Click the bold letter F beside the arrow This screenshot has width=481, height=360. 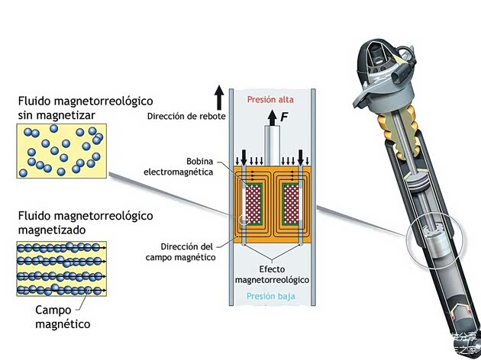(285, 117)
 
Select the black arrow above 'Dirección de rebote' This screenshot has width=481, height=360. (219, 98)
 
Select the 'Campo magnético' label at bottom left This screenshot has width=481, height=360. (63, 317)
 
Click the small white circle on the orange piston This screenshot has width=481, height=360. (244, 222)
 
